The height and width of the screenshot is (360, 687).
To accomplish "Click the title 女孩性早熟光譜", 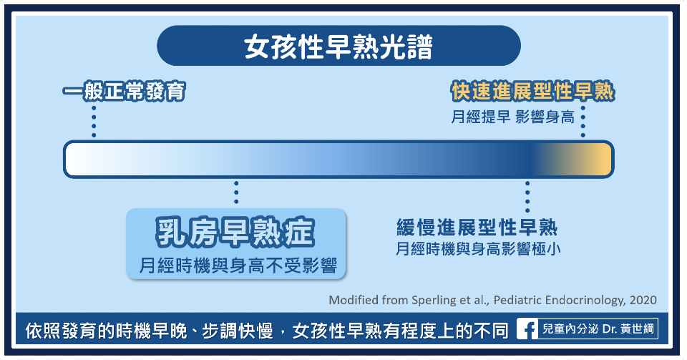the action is tap(338, 47).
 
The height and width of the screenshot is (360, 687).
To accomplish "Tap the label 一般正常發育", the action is tap(124, 92).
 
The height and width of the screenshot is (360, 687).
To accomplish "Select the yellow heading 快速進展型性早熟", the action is tap(532, 92).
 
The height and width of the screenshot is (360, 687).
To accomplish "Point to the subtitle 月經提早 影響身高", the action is tap(512, 117).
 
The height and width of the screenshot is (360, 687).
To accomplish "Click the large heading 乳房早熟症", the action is tap(235, 232).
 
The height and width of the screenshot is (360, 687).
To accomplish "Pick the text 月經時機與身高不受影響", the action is tap(238, 266).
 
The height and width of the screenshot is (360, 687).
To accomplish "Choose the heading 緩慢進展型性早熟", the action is tap(477, 228).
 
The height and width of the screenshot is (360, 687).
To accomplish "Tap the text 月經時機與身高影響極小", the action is tap(478, 249).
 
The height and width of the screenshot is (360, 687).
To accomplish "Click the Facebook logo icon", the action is tap(527, 329).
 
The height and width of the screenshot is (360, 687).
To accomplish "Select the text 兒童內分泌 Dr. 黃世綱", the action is tap(598, 329).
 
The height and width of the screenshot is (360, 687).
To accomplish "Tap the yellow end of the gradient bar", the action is tap(600, 159).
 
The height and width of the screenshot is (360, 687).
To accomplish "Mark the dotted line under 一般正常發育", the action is tap(94, 122).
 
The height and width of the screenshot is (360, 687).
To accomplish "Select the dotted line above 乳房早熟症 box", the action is tap(236, 193).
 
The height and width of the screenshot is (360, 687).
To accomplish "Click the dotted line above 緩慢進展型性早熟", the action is tap(527, 196).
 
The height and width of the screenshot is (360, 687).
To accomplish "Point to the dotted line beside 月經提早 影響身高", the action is tap(583, 122).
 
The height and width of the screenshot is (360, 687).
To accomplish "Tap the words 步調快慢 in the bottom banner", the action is tap(237, 331).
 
